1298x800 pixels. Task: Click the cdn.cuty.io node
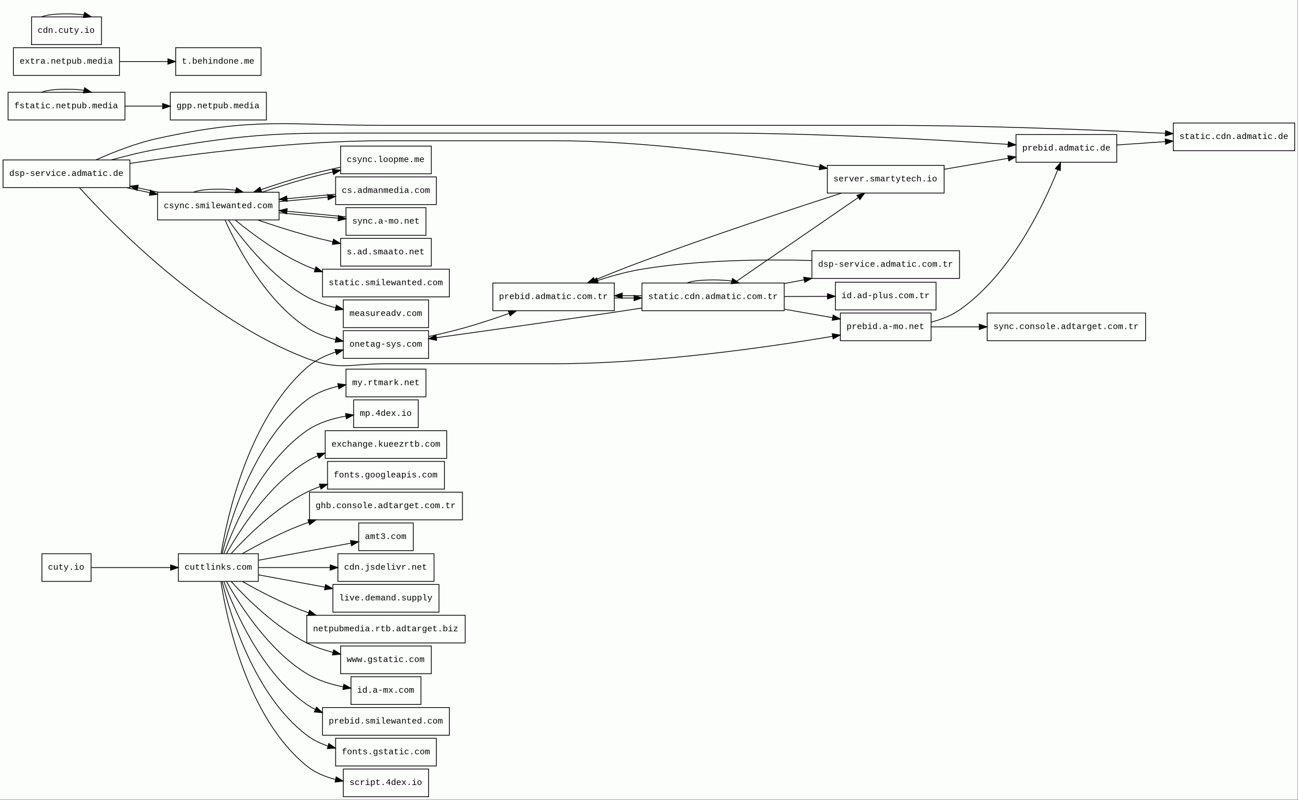pos(66,31)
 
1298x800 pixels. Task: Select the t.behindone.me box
pos(218,62)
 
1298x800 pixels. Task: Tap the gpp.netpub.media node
pos(218,106)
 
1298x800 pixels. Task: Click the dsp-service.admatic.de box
pos(66,174)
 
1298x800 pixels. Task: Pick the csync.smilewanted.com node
pos(218,206)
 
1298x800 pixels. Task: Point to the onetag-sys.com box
pos(386,344)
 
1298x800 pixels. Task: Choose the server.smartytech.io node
pos(885,179)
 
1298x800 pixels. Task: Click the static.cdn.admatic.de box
pos(1233,137)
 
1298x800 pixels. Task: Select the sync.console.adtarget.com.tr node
pos(1066,327)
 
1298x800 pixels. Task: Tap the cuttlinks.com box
pos(218,568)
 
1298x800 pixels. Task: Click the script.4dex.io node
pos(386,783)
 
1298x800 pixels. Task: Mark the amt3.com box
pos(386,537)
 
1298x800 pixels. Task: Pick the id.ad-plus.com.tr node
pos(885,296)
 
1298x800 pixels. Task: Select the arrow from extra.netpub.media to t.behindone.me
pos(147,62)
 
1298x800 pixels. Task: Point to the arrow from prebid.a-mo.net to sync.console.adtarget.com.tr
pos(958,327)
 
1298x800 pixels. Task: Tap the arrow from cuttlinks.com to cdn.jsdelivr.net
pos(298,568)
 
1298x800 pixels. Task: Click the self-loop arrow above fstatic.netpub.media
pos(66,89)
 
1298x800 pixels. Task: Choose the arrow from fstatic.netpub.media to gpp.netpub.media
pos(147,106)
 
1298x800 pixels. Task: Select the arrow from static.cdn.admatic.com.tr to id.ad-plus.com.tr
pos(809,296)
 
